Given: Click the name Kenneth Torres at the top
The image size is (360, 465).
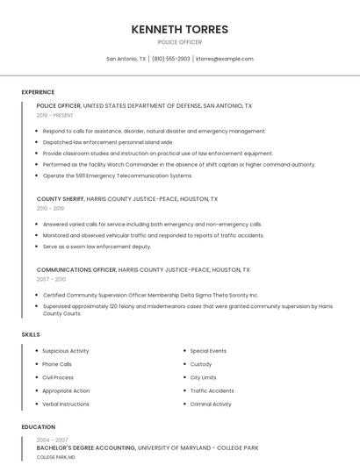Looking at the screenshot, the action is [179, 29].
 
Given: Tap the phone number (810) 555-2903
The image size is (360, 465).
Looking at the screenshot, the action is [170, 59].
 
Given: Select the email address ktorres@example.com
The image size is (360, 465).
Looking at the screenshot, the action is [225, 59].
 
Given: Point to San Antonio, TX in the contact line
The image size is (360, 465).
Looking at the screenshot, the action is [126, 59].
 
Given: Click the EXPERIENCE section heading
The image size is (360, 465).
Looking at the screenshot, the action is [38, 92].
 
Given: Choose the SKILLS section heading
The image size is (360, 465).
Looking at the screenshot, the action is [31, 334].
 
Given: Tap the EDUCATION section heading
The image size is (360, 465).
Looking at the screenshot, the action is [38, 427].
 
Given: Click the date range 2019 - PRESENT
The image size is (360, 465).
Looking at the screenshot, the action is [54, 115].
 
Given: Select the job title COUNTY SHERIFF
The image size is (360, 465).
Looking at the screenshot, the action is [61, 199].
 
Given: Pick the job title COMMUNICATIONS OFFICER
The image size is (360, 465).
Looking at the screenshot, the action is [76, 270].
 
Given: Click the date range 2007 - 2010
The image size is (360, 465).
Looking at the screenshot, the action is [51, 279].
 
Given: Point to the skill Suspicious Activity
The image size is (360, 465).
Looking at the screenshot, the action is [66, 351].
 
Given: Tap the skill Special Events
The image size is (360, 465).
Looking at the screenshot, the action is [208, 351].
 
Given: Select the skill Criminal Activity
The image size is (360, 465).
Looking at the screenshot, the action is [211, 404].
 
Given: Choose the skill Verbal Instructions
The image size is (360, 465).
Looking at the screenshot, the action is [66, 404].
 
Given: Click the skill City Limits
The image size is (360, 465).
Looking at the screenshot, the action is [203, 377].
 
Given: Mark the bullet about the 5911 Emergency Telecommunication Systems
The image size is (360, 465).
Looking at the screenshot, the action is [118, 175].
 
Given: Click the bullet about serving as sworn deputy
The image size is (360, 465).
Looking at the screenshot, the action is [97, 247].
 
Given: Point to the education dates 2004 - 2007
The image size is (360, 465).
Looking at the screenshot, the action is [52, 440].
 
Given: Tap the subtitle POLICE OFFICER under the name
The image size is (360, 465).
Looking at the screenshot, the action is [179, 42].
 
